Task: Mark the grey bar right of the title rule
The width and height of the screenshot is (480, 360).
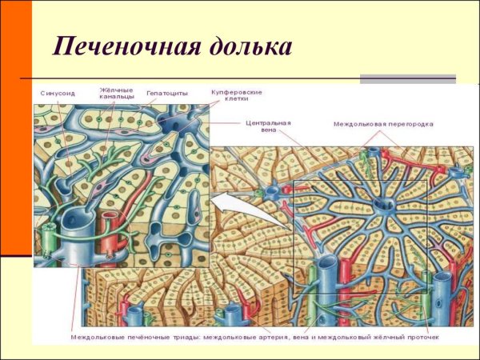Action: point(407,79)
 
